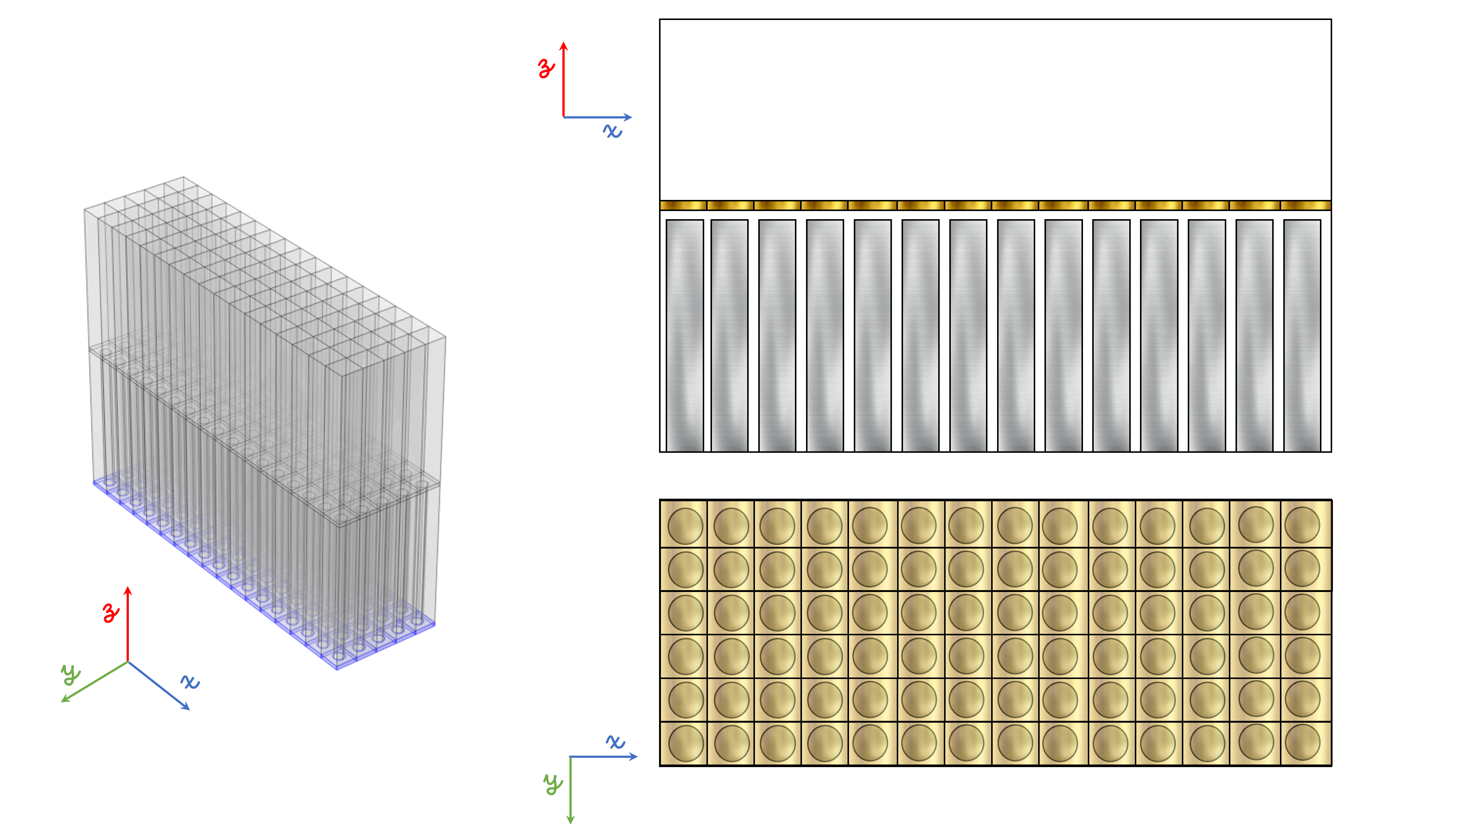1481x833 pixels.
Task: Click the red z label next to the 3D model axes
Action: point(111,613)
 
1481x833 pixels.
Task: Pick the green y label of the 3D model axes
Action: point(71,674)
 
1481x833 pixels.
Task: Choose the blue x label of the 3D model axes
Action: point(190,682)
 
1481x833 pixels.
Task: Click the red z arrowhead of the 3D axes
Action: point(128,591)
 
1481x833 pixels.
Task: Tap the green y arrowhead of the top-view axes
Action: point(570,819)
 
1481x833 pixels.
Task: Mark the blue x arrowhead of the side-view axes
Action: point(628,117)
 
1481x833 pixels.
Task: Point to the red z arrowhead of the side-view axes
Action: point(564,46)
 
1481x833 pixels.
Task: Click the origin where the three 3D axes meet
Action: point(128,662)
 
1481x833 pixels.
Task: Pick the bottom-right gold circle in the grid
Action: point(1302,743)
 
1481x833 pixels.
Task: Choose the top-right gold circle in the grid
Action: point(1302,525)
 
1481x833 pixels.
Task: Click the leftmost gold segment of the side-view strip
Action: point(683,205)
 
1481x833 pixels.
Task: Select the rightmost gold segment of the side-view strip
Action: point(1306,205)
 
